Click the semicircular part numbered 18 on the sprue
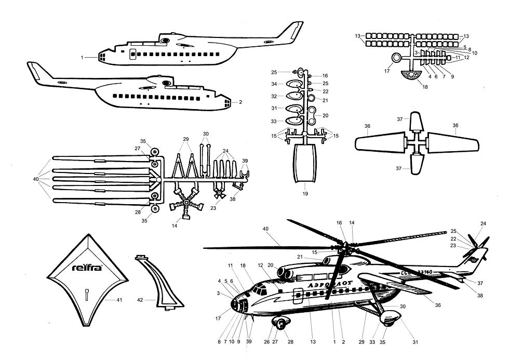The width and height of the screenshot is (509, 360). coord(405,76)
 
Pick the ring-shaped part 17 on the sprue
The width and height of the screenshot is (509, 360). coord(396,58)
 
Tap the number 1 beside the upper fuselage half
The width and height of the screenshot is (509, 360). coord(82,58)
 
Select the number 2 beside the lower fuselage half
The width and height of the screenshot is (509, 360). coord(240,102)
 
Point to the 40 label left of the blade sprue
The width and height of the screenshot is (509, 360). coord(35,179)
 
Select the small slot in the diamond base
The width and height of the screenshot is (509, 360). coord(87,294)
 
